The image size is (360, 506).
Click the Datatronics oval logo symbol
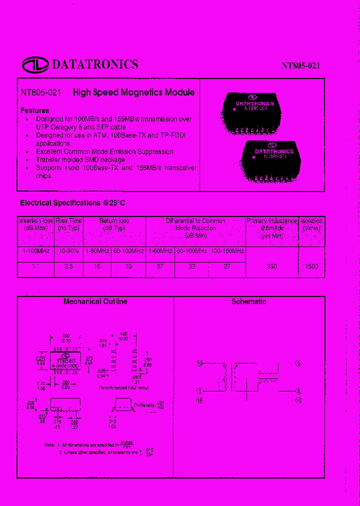coord(35,64)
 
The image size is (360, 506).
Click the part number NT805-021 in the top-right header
coord(300,66)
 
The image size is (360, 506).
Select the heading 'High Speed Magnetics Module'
coord(133,92)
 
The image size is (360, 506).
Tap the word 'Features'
coord(34,110)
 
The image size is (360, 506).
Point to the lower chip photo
coord(273,159)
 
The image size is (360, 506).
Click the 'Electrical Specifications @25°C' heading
coord(72,203)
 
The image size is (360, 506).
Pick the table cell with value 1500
coord(311,266)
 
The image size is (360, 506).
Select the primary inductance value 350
coord(271,266)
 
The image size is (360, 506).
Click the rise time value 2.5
coord(68,266)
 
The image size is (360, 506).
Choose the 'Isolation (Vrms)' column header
coord(311,224)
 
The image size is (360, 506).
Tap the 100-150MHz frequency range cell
coord(227,251)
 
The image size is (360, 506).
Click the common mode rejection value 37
coord(160,266)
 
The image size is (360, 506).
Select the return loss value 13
coord(128,266)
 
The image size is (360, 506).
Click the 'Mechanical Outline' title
coord(95,301)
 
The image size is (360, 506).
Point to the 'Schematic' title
coord(248,301)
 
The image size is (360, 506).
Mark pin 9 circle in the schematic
coord(298,363)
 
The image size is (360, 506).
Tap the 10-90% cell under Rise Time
coord(68,251)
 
